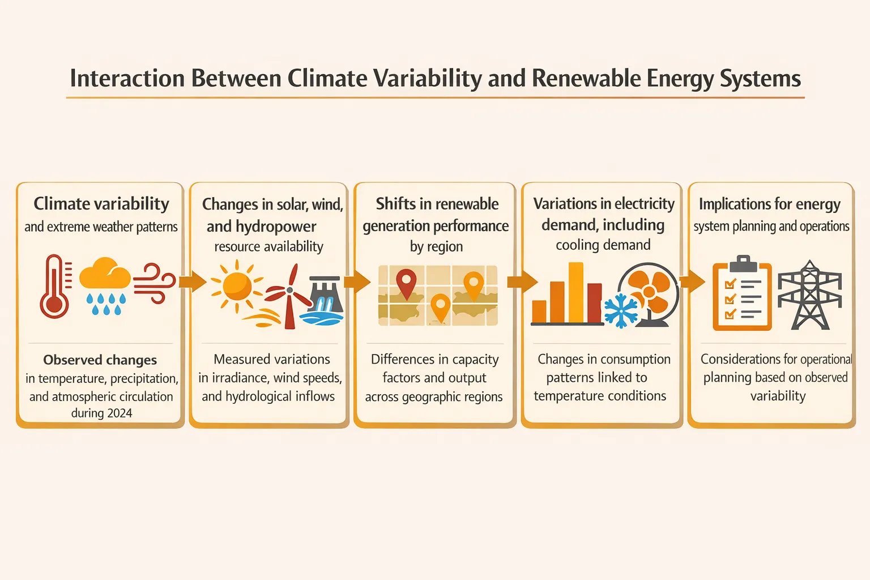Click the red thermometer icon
click(54, 287)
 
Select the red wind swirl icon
click(154, 283)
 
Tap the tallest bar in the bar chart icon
click(576, 293)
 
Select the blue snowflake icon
click(621, 311)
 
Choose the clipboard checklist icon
click(742, 293)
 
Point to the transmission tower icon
click(810, 295)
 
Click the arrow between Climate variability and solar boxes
click(193, 281)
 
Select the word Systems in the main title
click(760, 79)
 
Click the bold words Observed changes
click(100, 360)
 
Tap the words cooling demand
click(603, 245)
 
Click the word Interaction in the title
click(127, 79)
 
